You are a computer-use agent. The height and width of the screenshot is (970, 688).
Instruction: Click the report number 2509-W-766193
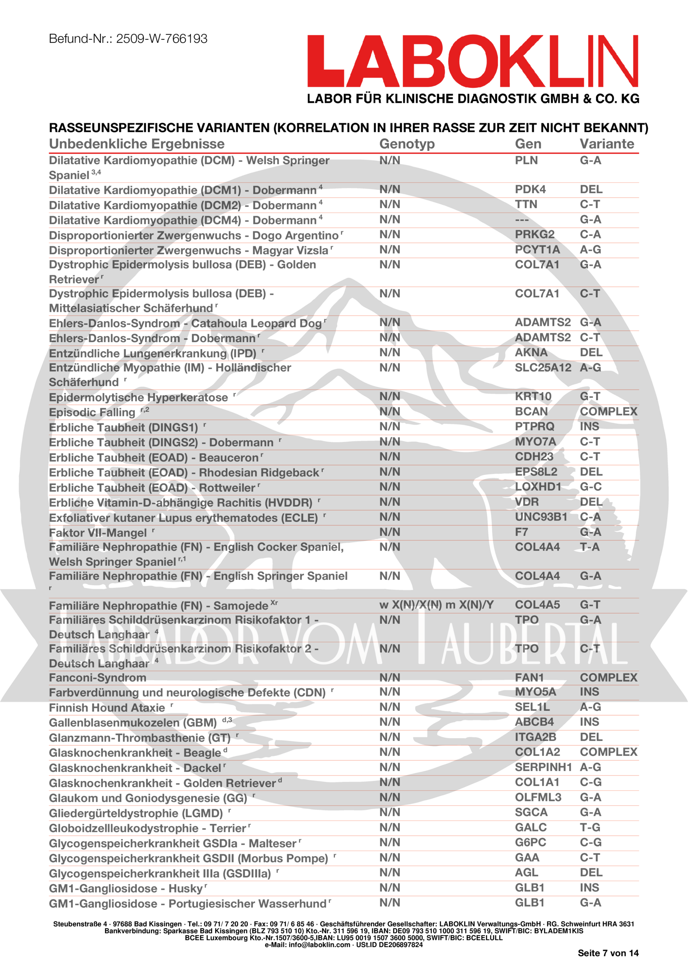[161, 39]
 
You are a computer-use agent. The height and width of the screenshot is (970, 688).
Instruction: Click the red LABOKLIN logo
[472, 61]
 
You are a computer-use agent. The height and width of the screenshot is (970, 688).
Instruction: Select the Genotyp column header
[407, 144]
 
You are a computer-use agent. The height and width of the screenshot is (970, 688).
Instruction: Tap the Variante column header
[607, 144]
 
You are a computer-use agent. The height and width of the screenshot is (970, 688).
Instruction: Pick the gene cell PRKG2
[535, 235]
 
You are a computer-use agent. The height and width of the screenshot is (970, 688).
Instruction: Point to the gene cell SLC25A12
[543, 368]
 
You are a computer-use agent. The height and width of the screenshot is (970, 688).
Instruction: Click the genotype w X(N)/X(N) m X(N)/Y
[436, 605]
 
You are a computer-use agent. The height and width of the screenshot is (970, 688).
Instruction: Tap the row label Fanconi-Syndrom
[97, 678]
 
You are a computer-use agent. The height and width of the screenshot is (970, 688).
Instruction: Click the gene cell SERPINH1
[543, 767]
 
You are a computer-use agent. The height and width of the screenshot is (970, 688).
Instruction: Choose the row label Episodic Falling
[92, 413]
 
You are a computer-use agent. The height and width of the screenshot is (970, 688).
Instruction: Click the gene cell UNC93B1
[541, 517]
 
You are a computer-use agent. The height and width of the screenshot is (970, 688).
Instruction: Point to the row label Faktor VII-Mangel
[98, 533]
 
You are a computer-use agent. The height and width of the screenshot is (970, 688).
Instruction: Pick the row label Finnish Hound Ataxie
[107, 708]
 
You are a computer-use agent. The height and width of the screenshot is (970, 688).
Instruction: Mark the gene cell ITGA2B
[535, 737]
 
